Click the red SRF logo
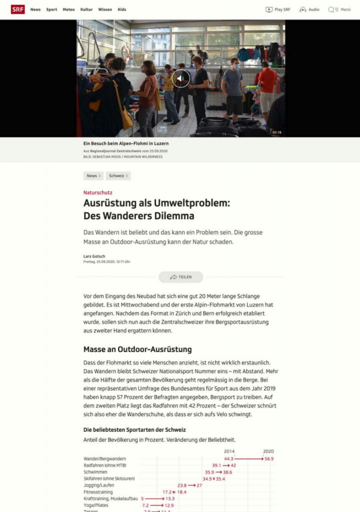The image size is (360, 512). click(x=17, y=9)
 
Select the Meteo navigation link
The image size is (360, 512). click(x=68, y=9)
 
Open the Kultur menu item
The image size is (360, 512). click(x=86, y=9)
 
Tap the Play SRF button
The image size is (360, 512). click(x=278, y=9)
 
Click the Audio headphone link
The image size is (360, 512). click(x=309, y=9)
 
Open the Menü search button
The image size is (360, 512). click(x=339, y=9)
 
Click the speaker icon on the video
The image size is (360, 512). click(x=180, y=78)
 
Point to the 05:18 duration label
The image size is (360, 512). click(x=276, y=132)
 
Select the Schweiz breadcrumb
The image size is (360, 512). click(x=118, y=176)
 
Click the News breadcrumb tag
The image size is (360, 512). click(x=93, y=176)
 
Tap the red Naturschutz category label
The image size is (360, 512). click(x=97, y=192)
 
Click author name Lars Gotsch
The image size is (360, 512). click(x=94, y=256)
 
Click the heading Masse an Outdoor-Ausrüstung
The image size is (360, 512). click(x=137, y=349)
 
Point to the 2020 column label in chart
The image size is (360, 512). click(x=268, y=451)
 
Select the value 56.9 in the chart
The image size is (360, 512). click(x=269, y=459)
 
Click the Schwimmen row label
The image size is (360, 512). click(x=95, y=472)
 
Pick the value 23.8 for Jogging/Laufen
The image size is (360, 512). click(x=182, y=485)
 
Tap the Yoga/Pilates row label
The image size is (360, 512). click(x=96, y=505)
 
